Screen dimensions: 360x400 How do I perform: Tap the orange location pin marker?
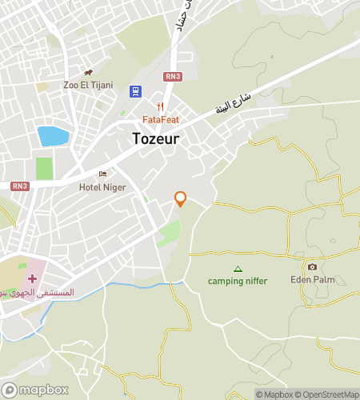point(181,198)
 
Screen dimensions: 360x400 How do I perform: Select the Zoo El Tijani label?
point(88,86)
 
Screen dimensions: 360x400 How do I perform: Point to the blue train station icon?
point(135,92)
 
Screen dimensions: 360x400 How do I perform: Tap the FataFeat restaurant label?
point(161,120)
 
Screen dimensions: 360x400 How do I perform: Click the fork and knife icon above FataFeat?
point(161,107)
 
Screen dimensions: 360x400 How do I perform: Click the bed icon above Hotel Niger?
point(102,174)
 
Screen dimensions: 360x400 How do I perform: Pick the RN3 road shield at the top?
point(172,77)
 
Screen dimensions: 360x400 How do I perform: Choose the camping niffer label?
point(238,281)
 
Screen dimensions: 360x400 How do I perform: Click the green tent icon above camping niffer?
point(237,269)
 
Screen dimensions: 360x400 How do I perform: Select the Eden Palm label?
point(313,280)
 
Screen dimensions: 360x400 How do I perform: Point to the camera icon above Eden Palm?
point(312,266)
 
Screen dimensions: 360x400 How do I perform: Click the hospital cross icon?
point(33,279)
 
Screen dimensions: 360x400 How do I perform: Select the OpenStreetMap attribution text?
point(328,394)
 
